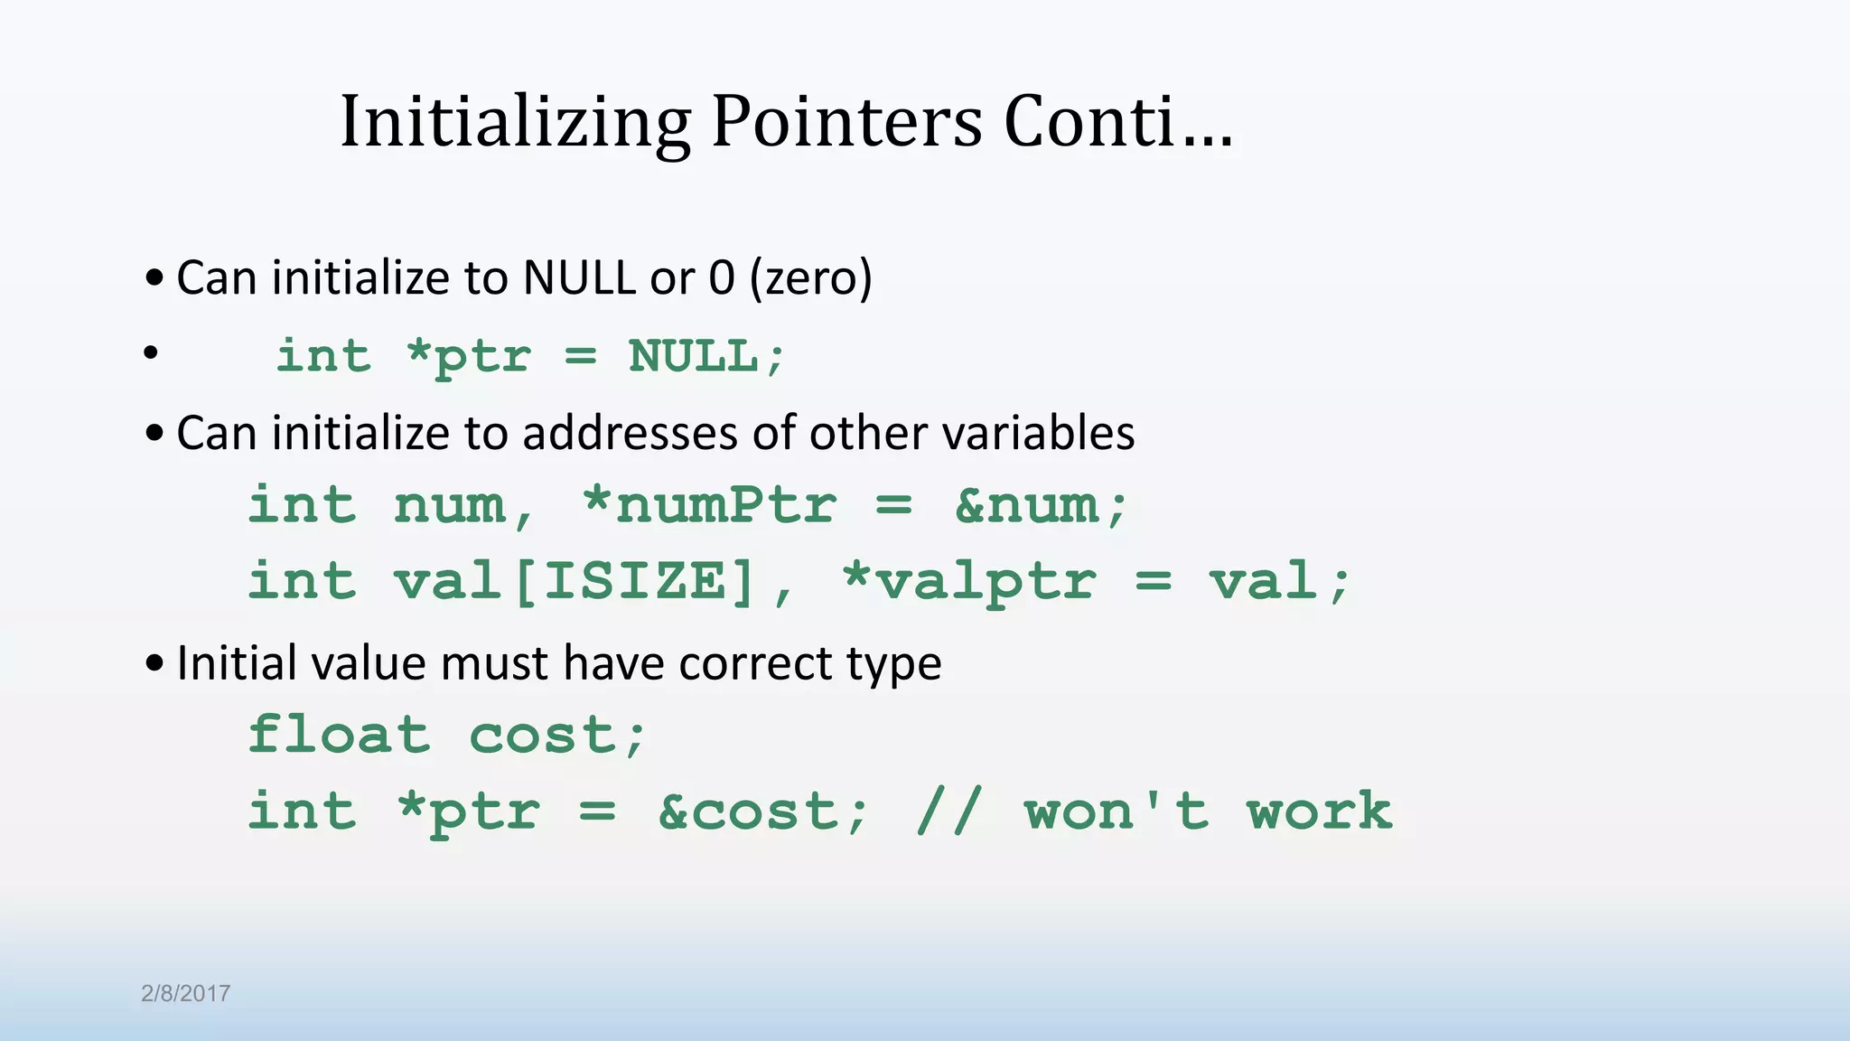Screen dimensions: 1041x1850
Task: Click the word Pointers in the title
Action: point(846,122)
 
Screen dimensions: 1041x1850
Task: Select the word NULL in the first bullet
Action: point(579,277)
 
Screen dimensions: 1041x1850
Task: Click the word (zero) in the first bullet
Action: point(810,277)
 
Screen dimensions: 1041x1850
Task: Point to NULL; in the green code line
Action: point(706,356)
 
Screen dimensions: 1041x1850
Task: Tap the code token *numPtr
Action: point(709,504)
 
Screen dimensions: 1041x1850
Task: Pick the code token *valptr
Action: point(969,581)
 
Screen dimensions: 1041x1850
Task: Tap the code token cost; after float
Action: point(557,736)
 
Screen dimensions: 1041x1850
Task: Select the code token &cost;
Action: point(763,811)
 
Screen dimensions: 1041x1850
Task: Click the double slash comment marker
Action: point(948,811)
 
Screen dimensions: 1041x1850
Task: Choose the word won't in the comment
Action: point(1117,811)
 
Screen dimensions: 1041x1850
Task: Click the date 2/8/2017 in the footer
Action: point(185,994)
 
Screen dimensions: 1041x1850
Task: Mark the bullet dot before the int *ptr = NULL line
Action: point(151,353)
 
